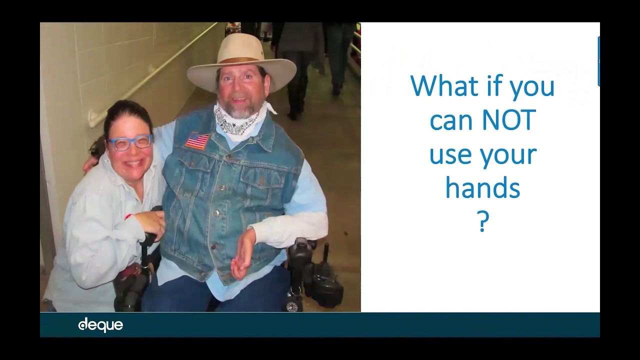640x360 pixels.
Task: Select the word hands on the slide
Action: pos(482,188)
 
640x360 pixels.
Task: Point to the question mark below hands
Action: pos(482,222)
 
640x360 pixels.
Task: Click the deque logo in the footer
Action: pos(100,325)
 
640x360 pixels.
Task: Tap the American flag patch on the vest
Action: pos(197,140)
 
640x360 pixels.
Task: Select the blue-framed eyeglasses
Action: pos(130,143)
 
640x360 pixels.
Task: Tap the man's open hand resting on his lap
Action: pos(243,252)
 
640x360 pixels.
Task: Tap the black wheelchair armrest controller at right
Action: pos(300,255)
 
